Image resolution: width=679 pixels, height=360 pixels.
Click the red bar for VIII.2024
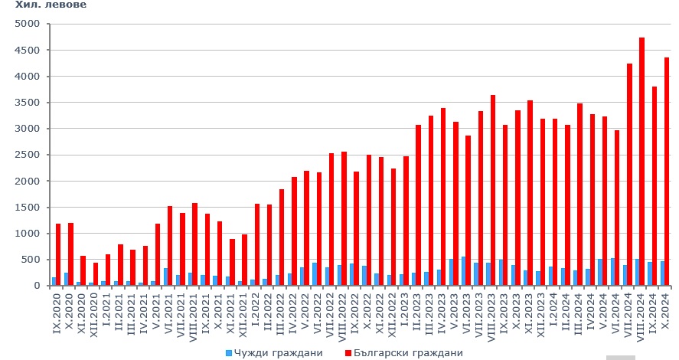641,162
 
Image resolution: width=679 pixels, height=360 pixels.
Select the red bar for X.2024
667,172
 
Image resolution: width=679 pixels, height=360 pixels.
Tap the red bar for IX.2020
58,254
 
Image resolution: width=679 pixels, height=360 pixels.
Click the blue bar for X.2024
662,273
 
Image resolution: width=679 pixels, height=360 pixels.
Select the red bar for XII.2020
96,274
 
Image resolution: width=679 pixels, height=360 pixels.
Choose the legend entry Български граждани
408,353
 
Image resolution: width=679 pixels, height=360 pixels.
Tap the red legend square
348,353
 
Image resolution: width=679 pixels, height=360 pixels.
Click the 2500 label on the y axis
28,155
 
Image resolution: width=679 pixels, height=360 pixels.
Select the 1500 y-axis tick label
28,208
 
